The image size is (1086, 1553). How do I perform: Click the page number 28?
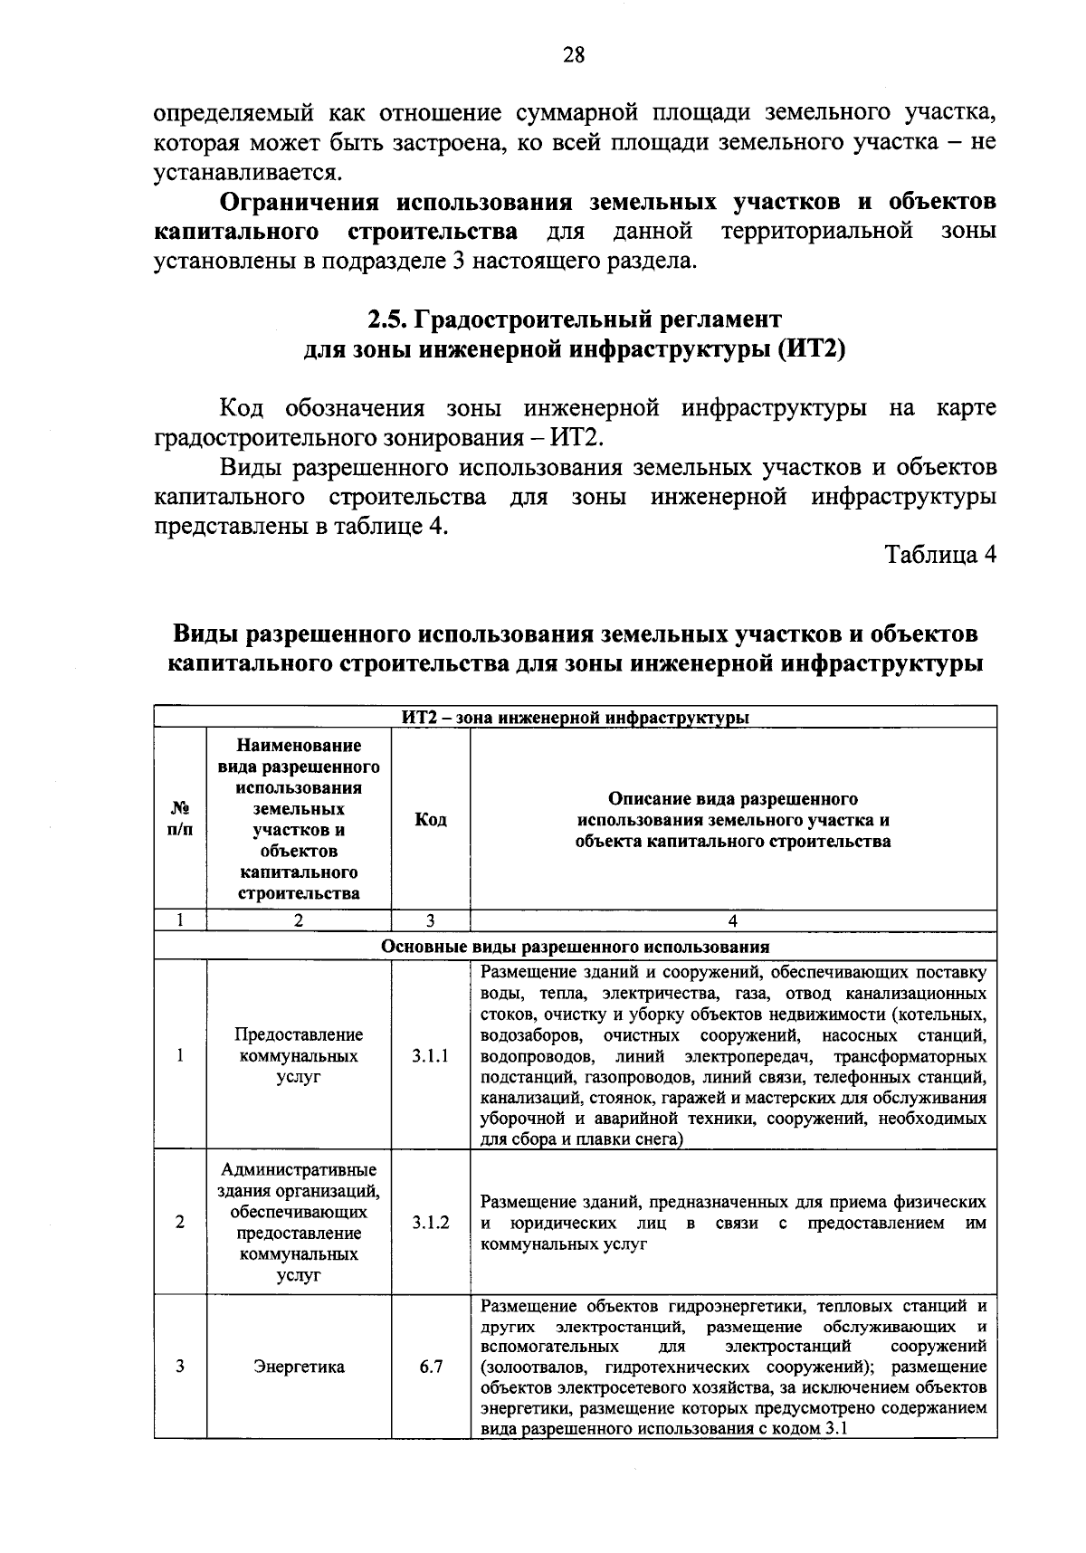(x=574, y=56)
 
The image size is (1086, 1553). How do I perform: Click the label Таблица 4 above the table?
(x=940, y=555)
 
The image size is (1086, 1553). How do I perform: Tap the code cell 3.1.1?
(x=431, y=1055)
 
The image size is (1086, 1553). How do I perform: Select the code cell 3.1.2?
(x=431, y=1222)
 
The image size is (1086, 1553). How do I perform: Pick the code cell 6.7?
(x=431, y=1367)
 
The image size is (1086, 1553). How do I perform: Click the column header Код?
(x=431, y=820)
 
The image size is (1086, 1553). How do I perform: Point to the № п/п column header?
(x=180, y=820)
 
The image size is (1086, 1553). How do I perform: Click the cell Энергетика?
(x=299, y=1367)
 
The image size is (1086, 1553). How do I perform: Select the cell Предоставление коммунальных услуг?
(x=299, y=1055)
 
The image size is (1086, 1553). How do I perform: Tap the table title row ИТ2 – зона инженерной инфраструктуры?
(x=575, y=718)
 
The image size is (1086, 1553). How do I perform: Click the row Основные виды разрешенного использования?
(x=575, y=947)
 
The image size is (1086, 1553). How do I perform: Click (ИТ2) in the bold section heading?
(x=811, y=349)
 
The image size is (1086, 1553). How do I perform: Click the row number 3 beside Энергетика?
(x=180, y=1367)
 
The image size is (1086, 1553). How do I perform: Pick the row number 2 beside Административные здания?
(x=180, y=1222)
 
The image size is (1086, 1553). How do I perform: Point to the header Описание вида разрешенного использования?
(x=733, y=820)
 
